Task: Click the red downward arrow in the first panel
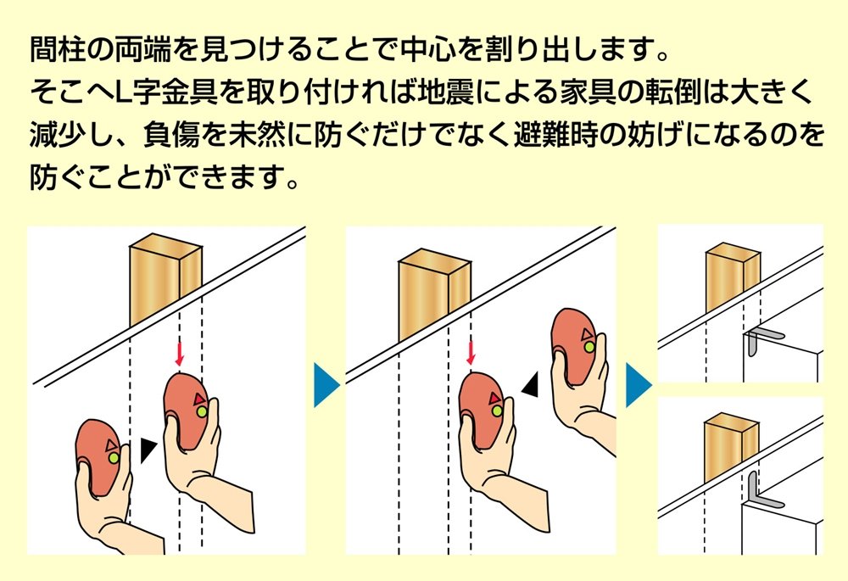point(180,354)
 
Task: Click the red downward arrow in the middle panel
point(471,353)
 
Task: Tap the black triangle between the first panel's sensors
point(147,450)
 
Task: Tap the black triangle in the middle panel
point(531,384)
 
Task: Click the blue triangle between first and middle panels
point(326,385)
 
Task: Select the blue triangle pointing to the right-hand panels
point(639,385)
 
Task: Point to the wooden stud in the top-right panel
point(733,277)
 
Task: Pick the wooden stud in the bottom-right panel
point(731,446)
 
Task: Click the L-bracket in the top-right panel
point(763,339)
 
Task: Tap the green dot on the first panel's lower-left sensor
point(113,458)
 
